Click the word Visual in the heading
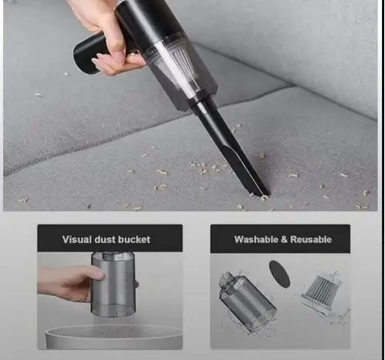coord(77,239)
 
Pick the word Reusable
coord(311,239)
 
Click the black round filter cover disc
coord(280,274)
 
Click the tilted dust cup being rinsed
coord(246,302)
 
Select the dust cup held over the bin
coord(113,284)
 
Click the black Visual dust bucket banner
coord(110,238)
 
